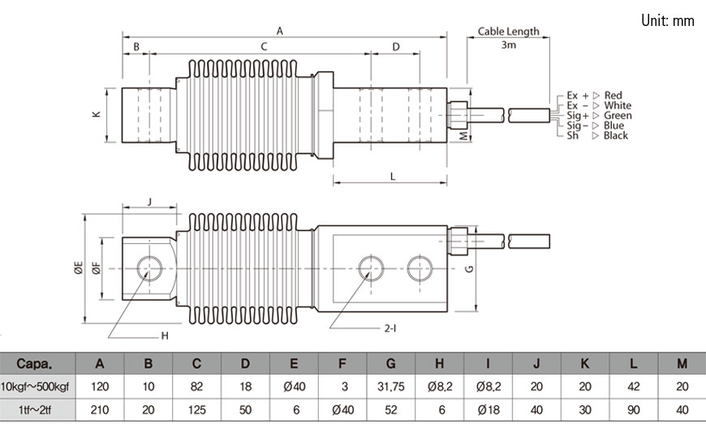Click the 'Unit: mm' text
pos(667,21)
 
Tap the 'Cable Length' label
pos(508,32)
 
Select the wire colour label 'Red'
pos(613,96)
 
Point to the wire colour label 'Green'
pos(618,116)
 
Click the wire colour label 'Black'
pos(615,135)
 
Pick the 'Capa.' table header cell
pos(34,364)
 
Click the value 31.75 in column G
pos(391,387)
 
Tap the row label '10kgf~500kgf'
pos(37,387)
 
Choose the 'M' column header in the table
pos(682,364)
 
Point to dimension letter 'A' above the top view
pos(279,31)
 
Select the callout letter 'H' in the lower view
pos(164,335)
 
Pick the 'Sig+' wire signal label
pos(577,116)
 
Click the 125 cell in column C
pos(196,410)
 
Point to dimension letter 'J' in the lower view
pos(149,200)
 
